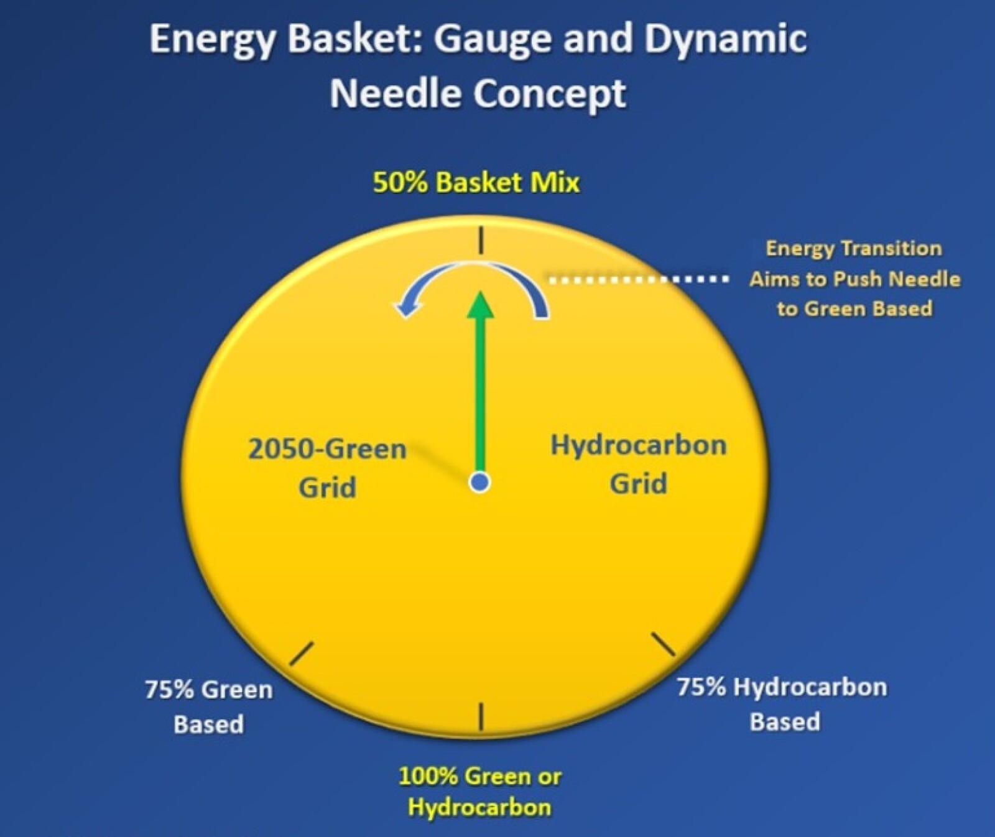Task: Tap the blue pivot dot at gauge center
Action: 479,482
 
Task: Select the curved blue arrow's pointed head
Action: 402,308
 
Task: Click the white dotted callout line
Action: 639,280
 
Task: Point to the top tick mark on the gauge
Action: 481,240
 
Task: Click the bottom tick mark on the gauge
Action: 481,716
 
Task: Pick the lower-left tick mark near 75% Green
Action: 302,654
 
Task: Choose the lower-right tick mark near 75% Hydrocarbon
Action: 662,644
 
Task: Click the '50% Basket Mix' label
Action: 476,183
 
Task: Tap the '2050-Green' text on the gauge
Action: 327,449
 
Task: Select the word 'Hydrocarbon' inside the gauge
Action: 639,446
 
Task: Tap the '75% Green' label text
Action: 209,690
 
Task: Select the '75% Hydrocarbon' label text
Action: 782,687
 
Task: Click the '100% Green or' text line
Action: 479,777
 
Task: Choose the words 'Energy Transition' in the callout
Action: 854,249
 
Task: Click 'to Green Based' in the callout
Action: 854,309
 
